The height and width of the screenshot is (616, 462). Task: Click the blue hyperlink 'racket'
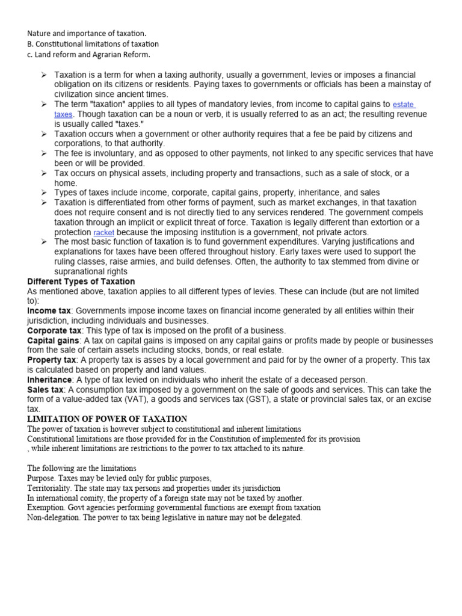[103, 233]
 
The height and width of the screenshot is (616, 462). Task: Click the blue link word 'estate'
[403, 104]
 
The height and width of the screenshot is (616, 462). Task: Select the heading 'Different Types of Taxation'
[81, 282]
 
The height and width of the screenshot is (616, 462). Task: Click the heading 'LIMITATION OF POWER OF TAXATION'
[107, 419]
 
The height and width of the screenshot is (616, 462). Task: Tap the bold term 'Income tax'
[49, 310]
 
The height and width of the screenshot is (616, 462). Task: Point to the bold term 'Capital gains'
[53, 340]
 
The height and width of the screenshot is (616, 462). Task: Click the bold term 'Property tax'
[52, 360]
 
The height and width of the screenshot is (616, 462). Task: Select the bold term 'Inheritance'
[50, 380]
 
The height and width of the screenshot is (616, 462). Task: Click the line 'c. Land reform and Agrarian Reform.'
[88, 55]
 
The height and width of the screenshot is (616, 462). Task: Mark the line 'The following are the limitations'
[82, 468]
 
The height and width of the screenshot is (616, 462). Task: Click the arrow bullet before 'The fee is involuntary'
[45, 154]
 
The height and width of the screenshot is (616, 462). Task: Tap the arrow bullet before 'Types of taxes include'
[45, 193]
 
